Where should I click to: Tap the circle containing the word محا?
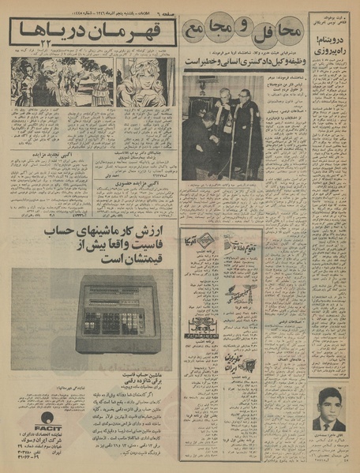(279, 32)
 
